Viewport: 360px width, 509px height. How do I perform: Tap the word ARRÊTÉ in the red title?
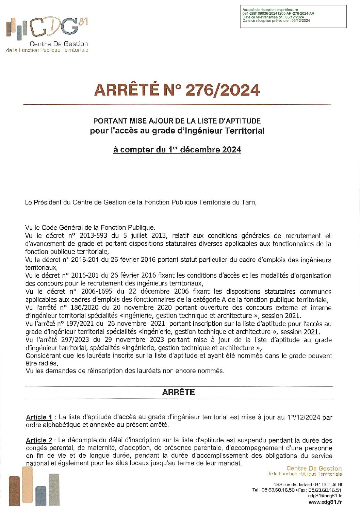(x=126, y=90)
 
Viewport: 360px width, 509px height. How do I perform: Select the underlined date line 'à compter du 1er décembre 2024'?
(x=177, y=150)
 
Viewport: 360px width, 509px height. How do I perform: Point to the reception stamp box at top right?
(x=293, y=16)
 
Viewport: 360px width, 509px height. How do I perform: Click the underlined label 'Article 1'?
(x=39, y=417)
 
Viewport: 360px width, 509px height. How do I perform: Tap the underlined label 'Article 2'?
(x=39, y=440)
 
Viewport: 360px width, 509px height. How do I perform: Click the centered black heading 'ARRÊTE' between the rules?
(x=179, y=392)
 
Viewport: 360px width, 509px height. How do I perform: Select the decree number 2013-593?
(x=93, y=236)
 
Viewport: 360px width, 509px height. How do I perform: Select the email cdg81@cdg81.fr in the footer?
(x=325, y=496)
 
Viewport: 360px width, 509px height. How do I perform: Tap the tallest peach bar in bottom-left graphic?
(x=27, y=485)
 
